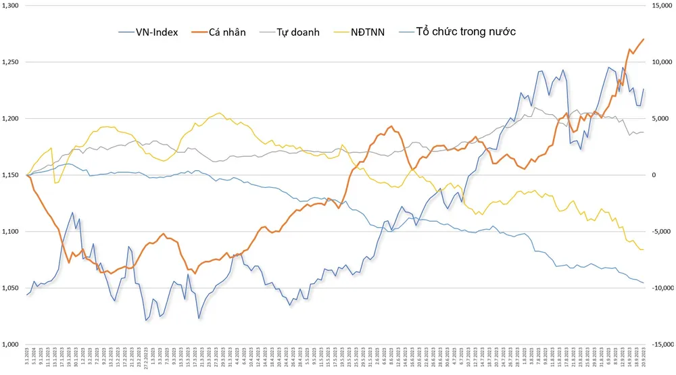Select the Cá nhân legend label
pos(226,32)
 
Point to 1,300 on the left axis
pos(11,5)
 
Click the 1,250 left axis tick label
pos(11,62)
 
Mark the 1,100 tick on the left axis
pos(11,232)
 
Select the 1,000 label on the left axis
pos(11,345)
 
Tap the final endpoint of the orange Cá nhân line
pos(644,39)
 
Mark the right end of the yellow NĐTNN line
pos(643,250)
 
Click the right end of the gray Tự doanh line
pos(644,132)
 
